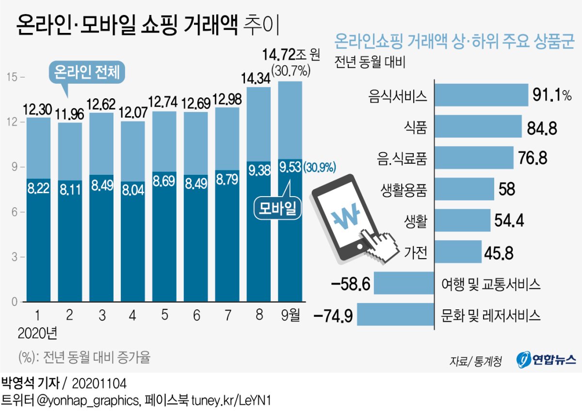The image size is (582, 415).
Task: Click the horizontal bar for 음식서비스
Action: (x=482, y=95)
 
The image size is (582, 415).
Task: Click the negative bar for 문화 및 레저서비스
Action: (x=395, y=316)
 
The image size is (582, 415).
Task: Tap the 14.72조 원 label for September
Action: (x=291, y=54)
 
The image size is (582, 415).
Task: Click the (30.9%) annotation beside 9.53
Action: (x=320, y=168)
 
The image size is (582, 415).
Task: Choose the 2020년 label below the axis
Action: (x=37, y=334)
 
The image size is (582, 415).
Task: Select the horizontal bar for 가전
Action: (x=459, y=252)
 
